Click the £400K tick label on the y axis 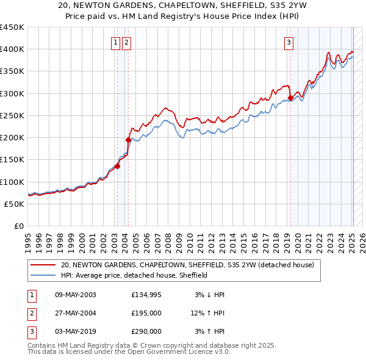12,49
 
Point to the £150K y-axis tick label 12,160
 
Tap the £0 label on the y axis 19,226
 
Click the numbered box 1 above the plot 115,42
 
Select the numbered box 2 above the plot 126,42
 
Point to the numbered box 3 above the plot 289,42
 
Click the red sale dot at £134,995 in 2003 117,166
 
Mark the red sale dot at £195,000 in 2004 128,140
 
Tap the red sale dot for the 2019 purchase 290,98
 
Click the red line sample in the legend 42,265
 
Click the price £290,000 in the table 146,331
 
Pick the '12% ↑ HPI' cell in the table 207,313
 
